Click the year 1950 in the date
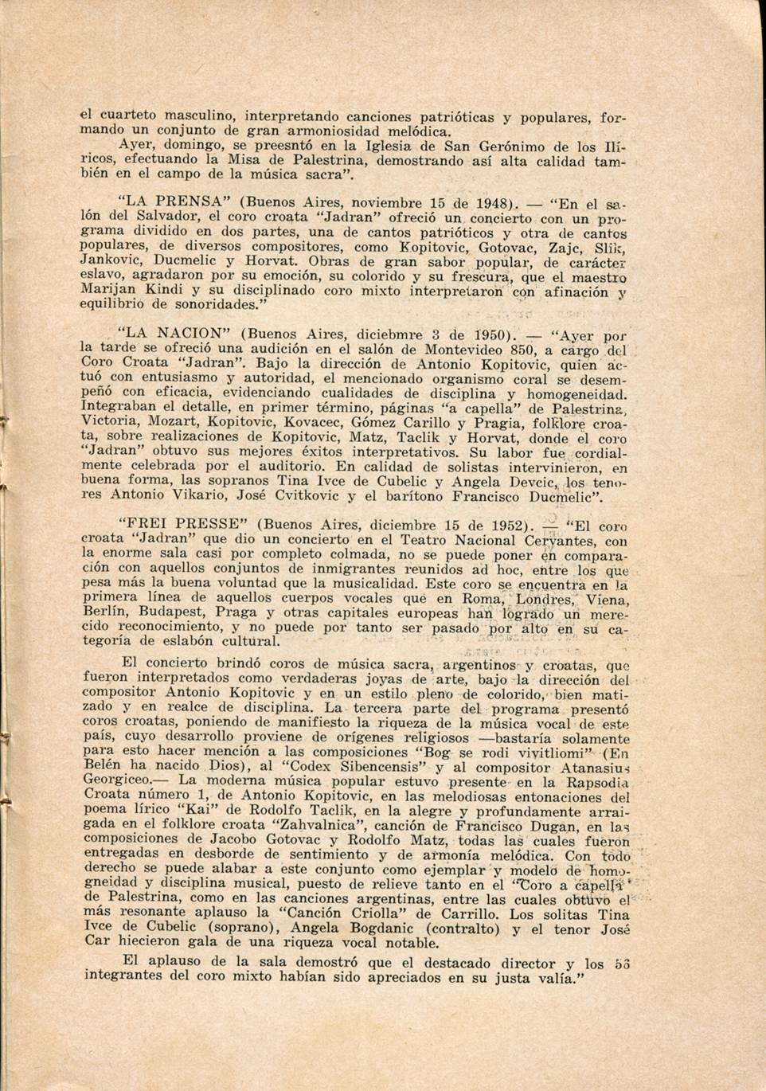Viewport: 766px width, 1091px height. pyautogui.click(x=491, y=334)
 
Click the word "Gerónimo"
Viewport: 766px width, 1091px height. pyautogui.click(x=512, y=147)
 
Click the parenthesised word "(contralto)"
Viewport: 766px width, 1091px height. pyautogui.click(x=462, y=929)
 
